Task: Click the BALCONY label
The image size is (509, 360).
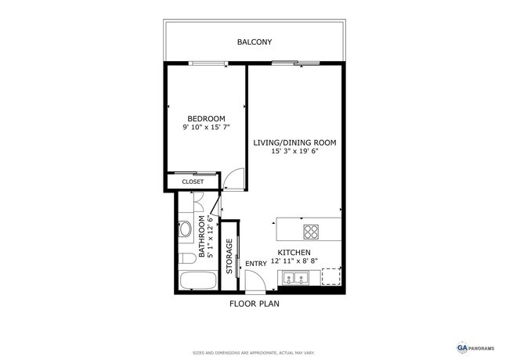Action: [x=254, y=41]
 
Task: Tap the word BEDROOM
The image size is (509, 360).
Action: [x=206, y=118]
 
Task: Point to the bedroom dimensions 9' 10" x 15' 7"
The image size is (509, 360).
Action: [x=206, y=127]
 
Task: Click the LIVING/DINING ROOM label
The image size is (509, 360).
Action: [x=294, y=142]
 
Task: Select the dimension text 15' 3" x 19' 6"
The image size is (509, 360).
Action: [x=294, y=152]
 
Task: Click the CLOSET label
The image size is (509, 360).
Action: [x=193, y=182]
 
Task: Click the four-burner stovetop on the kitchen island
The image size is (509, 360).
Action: [x=311, y=232]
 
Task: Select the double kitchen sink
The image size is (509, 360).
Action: [x=295, y=278]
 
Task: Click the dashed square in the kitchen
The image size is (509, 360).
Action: [x=331, y=277]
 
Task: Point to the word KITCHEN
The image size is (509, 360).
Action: [x=294, y=253]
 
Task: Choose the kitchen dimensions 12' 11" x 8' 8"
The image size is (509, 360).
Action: [x=294, y=261]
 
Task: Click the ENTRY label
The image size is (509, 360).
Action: [x=256, y=264]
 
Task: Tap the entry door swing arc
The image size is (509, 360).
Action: [x=254, y=279]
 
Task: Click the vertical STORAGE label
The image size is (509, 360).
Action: [x=229, y=256]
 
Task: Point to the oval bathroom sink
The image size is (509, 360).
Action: [x=186, y=230]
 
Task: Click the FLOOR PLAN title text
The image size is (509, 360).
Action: [x=254, y=303]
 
